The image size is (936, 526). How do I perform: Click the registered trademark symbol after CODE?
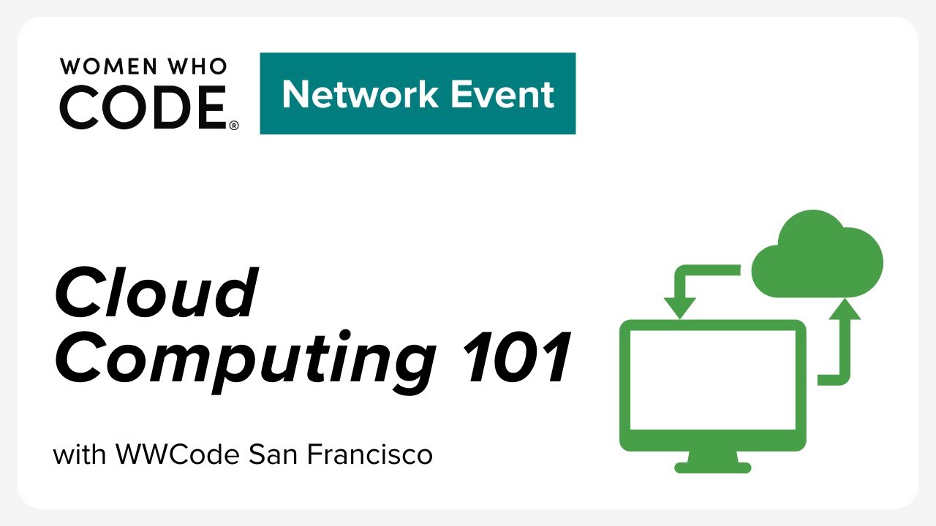pyautogui.click(x=234, y=126)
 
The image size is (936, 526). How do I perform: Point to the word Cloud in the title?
pyautogui.click(x=156, y=293)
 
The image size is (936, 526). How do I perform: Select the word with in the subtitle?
pyautogui.click(x=80, y=454)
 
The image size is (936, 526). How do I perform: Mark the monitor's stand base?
pyautogui.click(x=712, y=467)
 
